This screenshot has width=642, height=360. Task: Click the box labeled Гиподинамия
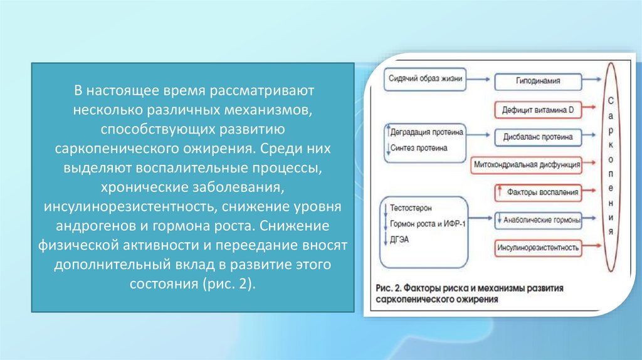point(538,81)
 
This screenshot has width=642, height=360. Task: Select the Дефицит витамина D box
point(538,109)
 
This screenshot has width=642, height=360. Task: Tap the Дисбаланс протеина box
point(538,136)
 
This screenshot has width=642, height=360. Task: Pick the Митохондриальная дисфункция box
point(526,164)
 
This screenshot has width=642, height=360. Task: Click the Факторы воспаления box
point(538,192)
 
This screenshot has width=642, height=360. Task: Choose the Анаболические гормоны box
point(538,220)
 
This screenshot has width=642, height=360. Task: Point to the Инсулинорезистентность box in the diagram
point(538,248)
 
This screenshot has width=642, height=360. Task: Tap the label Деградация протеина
point(428,134)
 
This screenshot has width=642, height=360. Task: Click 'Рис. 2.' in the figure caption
point(389,288)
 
